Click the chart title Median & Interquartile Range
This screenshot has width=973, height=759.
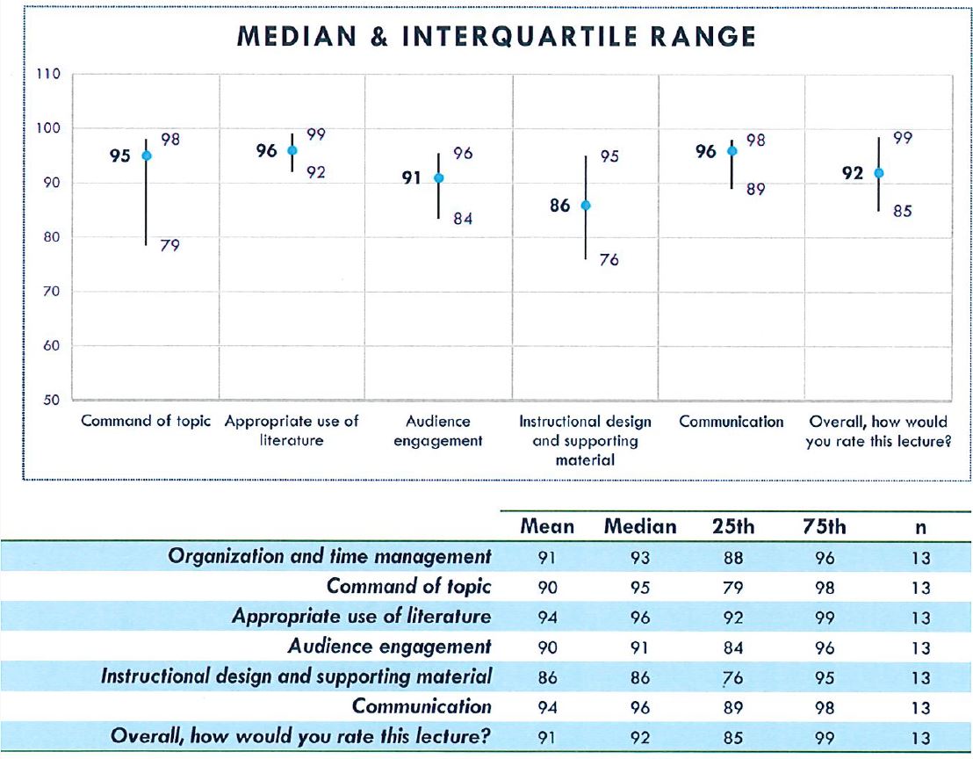pos(497,36)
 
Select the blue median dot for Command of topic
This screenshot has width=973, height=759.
pos(147,155)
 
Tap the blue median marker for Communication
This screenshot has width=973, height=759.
pos(732,151)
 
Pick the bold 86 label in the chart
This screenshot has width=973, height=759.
pos(560,206)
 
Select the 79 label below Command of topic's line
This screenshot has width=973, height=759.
pos(170,246)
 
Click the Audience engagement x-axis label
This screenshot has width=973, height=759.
pos(438,430)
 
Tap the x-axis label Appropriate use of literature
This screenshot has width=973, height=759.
pos(292,430)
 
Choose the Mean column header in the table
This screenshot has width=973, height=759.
pos(547,526)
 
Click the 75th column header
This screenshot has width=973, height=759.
pos(824,526)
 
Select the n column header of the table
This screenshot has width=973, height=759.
pos(920,527)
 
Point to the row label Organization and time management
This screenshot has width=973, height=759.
pos(329,557)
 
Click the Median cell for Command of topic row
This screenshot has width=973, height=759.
pos(640,588)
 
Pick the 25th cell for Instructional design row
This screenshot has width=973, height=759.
pos(732,677)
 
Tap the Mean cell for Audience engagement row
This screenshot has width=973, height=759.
pos(547,647)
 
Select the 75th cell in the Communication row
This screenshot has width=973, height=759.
pos(825,707)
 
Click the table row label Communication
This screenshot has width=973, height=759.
pos(422,707)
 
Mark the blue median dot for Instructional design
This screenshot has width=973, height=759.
pos(586,206)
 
